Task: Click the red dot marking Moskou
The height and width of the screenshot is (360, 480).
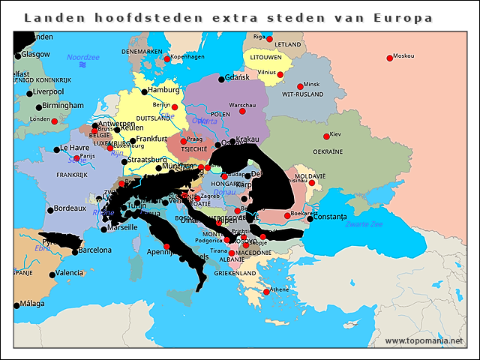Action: point(389,58)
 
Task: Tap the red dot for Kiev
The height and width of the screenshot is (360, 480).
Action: point(326,136)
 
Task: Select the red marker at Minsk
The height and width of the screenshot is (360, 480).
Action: point(300,86)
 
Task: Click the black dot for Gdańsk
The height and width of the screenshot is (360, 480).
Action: point(221,79)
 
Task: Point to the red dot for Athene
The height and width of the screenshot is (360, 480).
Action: point(266,292)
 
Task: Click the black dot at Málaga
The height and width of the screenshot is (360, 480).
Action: point(16,305)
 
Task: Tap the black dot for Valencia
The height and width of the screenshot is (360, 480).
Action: point(52,274)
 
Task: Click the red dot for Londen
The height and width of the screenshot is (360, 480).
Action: point(54,121)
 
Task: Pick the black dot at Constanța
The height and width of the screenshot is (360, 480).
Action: point(309,218)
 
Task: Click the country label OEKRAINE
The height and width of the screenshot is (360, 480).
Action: point(328,151)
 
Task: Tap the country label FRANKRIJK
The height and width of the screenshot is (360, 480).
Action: point(72,174)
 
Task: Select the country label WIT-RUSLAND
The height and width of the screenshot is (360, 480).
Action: point(302,96)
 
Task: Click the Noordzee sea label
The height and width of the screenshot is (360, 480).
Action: point(82,57)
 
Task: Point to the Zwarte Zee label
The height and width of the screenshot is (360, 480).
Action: point(364,224)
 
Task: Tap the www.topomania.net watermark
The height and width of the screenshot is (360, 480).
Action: point(424,341)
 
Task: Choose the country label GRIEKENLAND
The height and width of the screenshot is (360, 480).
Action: point(235,274)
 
